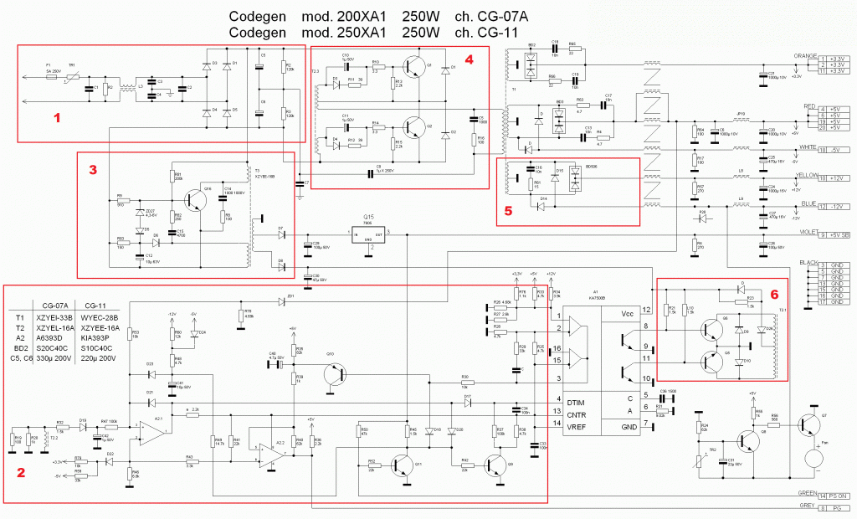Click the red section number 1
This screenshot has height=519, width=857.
[56, 118]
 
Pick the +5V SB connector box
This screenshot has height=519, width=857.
[838, 235]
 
